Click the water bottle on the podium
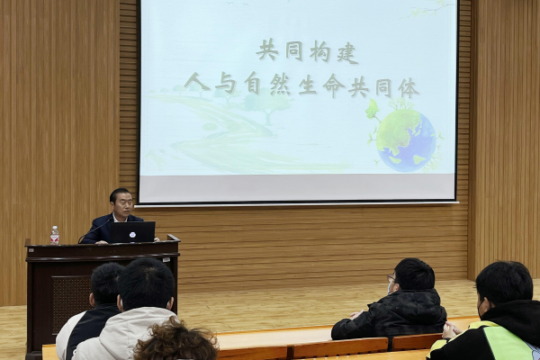[55, 235]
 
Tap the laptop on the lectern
[132, 232]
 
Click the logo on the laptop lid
[132, 235]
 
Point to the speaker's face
[123, 205]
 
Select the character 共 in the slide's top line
[267, 50]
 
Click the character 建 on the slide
[347, 53]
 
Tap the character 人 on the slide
[196, 81]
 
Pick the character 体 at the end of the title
[409, 88]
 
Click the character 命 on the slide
[333, 85]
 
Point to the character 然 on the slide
[280, 84]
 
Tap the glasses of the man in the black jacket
[391, 278]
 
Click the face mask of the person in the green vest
[481, 308]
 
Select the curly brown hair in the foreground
[175, 341]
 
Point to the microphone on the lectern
[94, 231]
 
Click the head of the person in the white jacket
[146, 283]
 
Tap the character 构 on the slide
[319, 52]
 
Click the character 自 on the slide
[252, 83]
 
